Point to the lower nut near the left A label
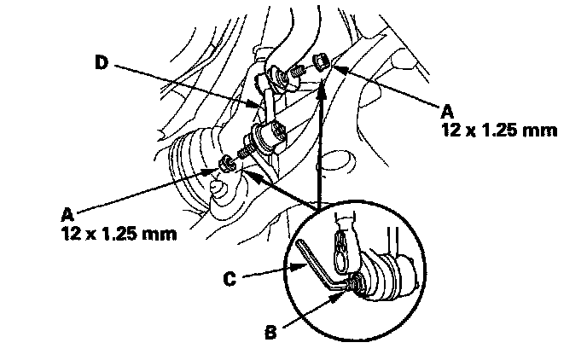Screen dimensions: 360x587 (226, 163)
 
